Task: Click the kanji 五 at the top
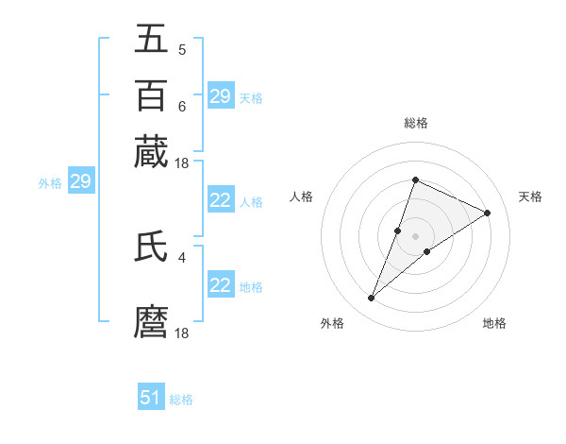click(x=152, y=39)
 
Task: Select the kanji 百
click(x=152, y=95)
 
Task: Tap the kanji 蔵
click(x=152, y=152)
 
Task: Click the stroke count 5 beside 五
click(x=181, y=50)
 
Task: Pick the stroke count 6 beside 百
click(x=181, y=107)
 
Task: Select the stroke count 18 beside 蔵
click(x=183, y=163)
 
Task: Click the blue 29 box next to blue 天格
click(x=220, y=96)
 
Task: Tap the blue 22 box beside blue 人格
click(x=220, y=200)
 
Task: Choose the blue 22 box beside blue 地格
click(x=220, y=285)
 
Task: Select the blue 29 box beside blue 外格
click(x=80, y=181)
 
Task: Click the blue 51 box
click(x=151, y=398)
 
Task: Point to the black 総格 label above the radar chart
click(x=415, y=123)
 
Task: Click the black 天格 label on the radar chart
click(x=530, y=196)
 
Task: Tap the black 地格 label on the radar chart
click(x=494, y=323)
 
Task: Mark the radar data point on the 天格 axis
click(x=487, y=213)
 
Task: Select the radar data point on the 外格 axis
click(x=372, y=299)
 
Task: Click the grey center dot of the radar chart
click(x=415, y=235)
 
